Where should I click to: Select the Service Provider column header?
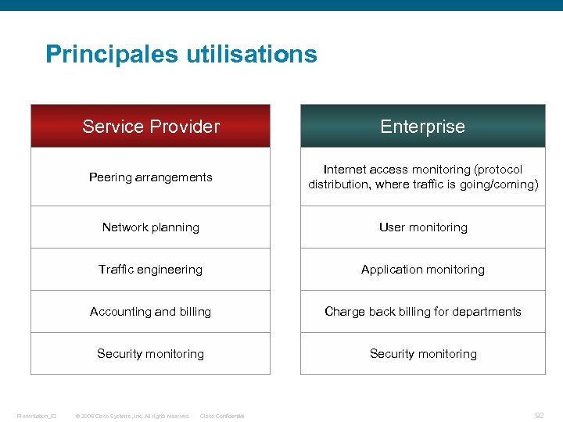point(151,127)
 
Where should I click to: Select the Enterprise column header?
point(422,127)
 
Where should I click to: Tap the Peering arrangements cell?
point(151,177)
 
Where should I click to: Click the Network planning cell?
point(151,227)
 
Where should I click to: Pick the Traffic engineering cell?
point(151,270)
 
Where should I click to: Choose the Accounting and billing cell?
point(151,312)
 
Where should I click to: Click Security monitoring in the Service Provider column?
point(151,354)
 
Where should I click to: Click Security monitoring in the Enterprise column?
point(423,354)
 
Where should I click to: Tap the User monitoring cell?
point(423,227)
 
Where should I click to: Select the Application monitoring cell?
point(423,270)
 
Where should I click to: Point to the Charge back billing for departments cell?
point(423,312)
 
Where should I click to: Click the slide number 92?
point(539,416)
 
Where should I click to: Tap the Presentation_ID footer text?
point(37,416)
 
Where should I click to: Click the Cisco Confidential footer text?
point(222,416)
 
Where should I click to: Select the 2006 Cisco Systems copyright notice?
point(132,416)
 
